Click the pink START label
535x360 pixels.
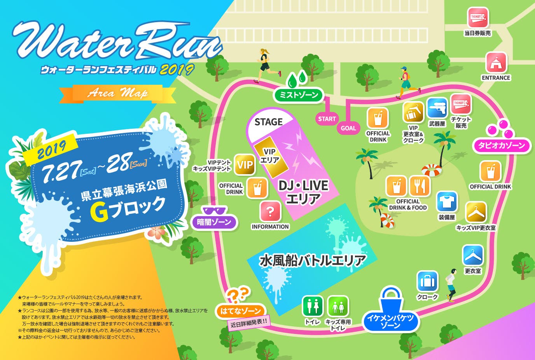point(327,119)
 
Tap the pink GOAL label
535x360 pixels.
point(348,128)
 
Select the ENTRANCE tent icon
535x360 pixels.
point(496,63)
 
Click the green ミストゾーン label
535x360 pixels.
point(299,94)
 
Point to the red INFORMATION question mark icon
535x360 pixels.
point(270,212)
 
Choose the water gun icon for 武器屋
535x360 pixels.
point(437,108)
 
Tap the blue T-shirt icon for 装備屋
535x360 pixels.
point(446,202)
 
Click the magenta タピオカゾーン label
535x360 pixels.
point(502,145)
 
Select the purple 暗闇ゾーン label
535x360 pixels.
point(214,222)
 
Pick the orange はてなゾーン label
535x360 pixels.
point(240,311)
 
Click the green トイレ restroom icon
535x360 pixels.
point(313,306)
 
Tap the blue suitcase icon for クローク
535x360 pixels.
point(427,281)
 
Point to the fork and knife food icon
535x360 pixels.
point(420,186)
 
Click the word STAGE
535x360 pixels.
point(268,122)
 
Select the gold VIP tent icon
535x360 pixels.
point(245,165)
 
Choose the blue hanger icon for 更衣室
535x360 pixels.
point(473,255)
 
